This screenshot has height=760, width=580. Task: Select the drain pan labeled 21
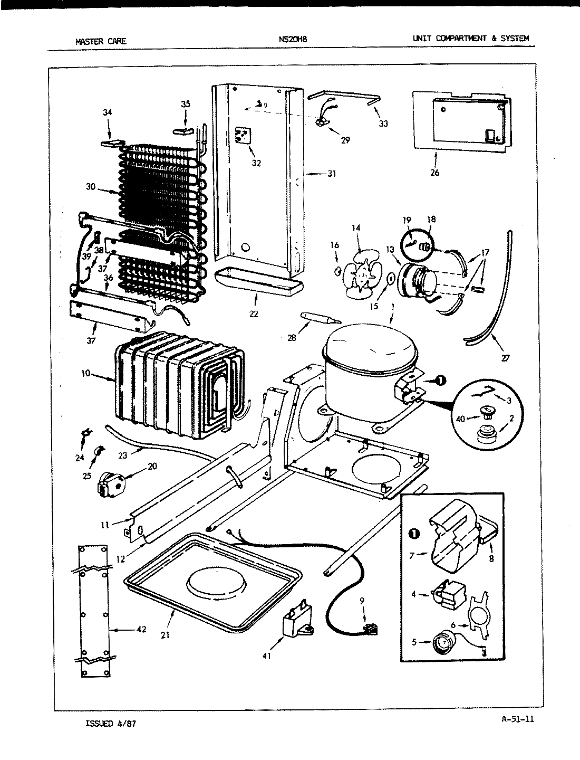214,581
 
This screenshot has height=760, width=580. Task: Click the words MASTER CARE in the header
101,41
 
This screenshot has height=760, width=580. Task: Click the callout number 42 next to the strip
141,629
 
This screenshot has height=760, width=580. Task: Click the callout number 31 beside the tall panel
332,174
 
